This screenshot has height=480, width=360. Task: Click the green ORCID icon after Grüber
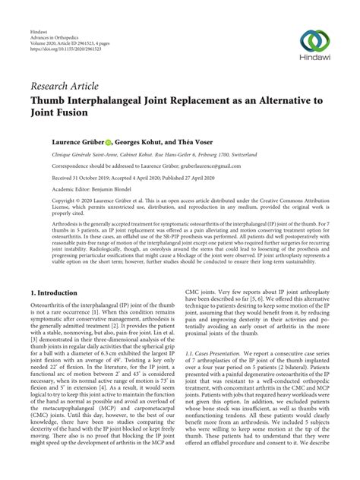tap(109, 141)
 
